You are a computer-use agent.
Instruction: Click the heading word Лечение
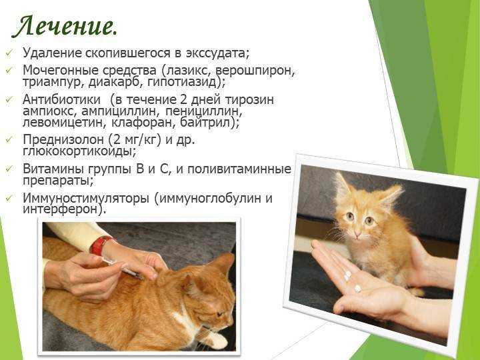click(64, 27)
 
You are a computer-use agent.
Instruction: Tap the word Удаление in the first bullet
click(53, 53)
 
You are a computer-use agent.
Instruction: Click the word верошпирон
click(255, 71)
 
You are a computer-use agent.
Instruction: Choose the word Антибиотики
click(61, 99)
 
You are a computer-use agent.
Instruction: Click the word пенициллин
click(203, 111)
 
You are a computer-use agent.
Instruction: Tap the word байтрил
click(206, 123)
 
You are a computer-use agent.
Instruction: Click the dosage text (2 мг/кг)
click(135, 140)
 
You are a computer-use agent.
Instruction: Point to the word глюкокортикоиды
click(79, 151)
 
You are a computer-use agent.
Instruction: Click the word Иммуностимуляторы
click(86, 199)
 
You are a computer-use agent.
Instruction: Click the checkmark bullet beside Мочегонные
click(9, 71)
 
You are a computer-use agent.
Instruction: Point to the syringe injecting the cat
click(123, 267)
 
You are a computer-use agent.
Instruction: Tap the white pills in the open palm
click(351, 279)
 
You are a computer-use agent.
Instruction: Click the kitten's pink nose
click(357, 235)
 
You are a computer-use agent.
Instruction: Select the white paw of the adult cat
click(218, 341)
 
